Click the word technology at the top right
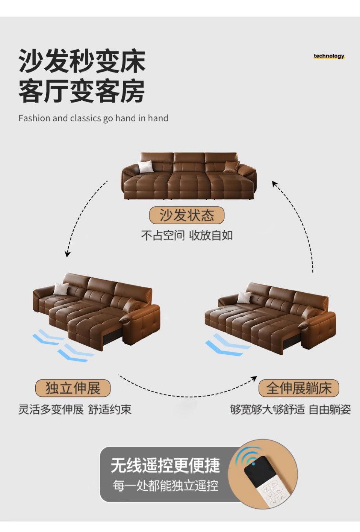click(x=329, y=56)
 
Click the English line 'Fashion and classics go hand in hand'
click(x=93, y=118)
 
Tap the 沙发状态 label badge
click(x=187, y=216)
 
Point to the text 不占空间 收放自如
click(x=187, y=236)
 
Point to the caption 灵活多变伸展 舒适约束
click(x=75, y=409)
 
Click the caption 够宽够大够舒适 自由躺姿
click(x=290, y=409)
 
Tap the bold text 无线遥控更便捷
click(x=165, y=465)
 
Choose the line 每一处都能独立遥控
click(x=165, y=486)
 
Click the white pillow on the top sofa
click(x=145, y=166)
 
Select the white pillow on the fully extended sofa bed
click(x=245, y=297)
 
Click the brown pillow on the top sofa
click(x=231, y=166)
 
